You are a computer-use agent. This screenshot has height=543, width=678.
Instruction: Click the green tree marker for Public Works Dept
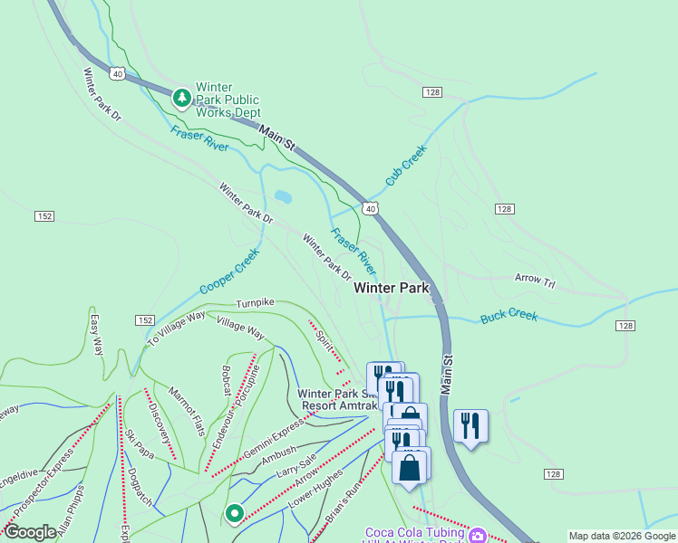click(182, 97)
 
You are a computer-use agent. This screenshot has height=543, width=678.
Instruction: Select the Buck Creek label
click(508, 316)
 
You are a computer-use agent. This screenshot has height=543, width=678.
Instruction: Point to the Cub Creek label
click(405, 166)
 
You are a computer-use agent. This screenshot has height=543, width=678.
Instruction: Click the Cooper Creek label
click(229, 271)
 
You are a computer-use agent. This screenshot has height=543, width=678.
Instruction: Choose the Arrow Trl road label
click(534, 280)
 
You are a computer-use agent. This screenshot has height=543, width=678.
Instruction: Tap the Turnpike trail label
click(255, 302)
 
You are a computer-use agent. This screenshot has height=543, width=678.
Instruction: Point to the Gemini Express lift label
click(270, 440)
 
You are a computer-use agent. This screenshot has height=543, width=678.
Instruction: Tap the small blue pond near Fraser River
click(282, 195)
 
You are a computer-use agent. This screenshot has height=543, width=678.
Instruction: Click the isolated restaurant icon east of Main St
click(470, 424)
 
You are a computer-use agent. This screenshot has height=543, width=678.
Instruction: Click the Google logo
click(30, 532)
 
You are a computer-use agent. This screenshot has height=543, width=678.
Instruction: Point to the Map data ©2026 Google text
click(622, 536)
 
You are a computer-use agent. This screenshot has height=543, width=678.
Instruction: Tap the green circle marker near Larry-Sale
click(234, 514)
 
